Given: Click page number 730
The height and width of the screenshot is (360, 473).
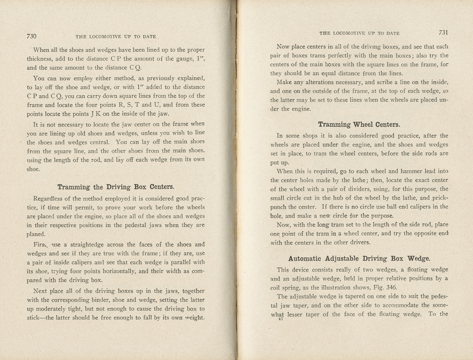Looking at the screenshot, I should [32, 36].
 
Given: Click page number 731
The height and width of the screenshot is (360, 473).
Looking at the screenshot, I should [443, 33].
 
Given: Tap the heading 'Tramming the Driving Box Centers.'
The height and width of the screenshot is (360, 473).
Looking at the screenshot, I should [116, 187].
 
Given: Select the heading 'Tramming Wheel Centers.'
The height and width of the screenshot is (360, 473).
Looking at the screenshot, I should [359, 124].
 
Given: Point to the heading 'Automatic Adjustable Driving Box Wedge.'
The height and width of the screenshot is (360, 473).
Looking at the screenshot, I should [359, 259].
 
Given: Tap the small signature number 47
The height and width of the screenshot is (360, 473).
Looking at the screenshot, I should [280, 320].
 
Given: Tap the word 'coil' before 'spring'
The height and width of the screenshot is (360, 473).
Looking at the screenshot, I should [275, 287].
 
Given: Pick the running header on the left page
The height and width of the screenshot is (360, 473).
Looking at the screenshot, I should [116, 37].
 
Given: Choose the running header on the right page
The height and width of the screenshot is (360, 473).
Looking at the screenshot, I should [359, 33].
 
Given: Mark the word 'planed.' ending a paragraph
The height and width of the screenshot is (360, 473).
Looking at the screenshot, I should [36, 234].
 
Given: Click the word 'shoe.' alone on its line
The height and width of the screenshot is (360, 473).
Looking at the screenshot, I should [33, 169].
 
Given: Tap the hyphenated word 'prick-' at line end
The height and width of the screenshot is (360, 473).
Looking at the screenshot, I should [440, 198].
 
